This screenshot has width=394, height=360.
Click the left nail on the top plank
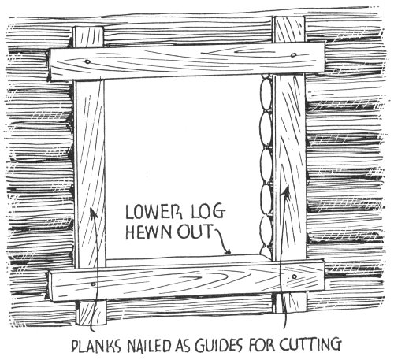[x=87, y=62]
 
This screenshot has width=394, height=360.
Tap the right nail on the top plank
[x=294, y=55]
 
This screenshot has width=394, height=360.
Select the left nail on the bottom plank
[x=93, y=284]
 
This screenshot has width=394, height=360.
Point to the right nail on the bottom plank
[x=294, y=276]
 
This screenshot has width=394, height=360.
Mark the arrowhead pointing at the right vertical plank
[x=287, y=191]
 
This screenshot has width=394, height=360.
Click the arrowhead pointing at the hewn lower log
[x=228, y=251]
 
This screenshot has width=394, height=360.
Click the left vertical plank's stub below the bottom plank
[x=91, y=313]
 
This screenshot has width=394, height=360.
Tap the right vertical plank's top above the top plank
[x=289, y=29]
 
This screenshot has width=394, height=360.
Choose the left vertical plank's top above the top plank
[x=88, y=37]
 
